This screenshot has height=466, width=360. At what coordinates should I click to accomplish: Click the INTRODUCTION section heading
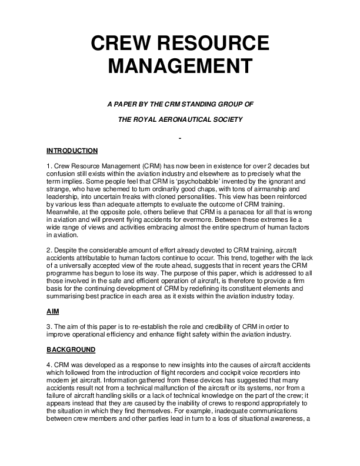pos(72,151)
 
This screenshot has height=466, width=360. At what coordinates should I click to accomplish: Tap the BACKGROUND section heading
pos(70,349)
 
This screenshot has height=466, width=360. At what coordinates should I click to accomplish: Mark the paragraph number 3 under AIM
pos(48,326)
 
